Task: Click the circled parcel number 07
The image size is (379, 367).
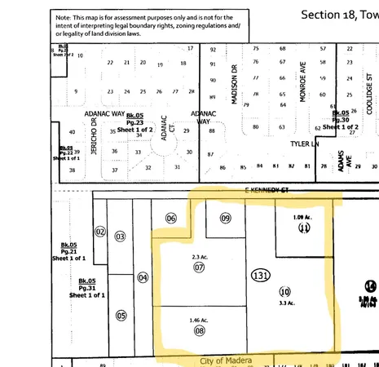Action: pos(199,267)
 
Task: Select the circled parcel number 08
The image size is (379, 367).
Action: pos(199,333)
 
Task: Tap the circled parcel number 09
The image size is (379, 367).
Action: pos(226,218)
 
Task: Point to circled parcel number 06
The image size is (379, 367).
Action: pos(171,218)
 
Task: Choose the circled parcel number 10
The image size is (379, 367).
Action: pos(284,291)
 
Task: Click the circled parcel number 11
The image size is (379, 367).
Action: pos(303,228)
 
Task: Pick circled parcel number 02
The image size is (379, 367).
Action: pos(100,232)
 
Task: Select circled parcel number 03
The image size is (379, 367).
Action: pos(120,237)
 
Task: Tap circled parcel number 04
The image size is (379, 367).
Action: pos(143,277)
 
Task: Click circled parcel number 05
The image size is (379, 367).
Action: pos(121,316)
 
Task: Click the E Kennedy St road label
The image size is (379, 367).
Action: pos(268,189)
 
